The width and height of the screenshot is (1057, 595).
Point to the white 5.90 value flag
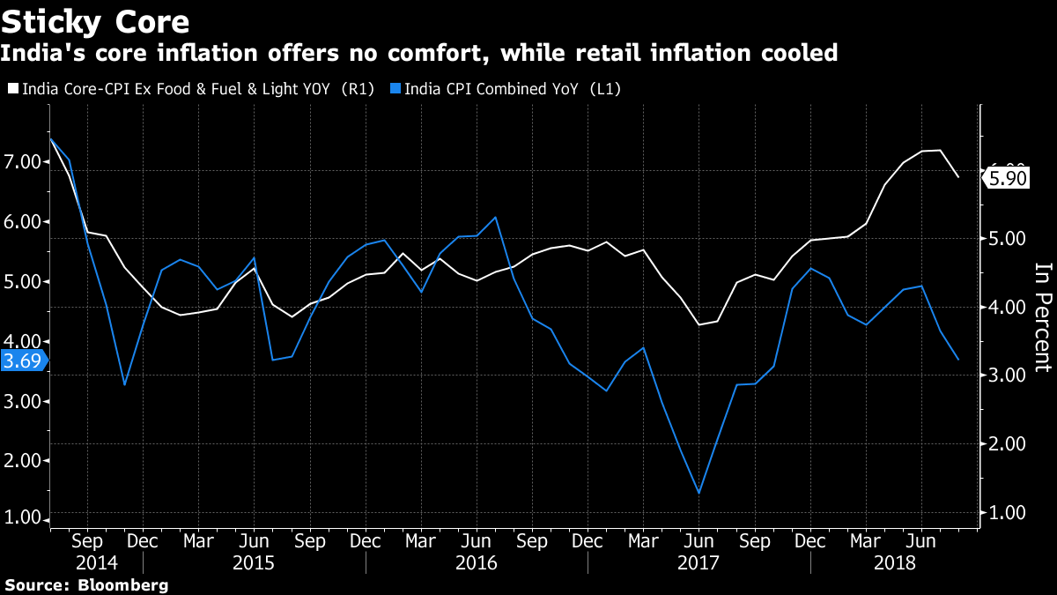click(1007, 177)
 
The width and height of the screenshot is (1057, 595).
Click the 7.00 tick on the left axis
click(24, 162)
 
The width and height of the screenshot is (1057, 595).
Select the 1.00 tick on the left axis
click(24, 517)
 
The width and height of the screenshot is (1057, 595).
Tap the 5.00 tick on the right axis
click(1006, 239)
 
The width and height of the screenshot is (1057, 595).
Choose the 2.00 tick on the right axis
click(1006, 443)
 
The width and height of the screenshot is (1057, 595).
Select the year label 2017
click(699, 562)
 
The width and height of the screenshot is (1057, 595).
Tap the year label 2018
click(895, 562)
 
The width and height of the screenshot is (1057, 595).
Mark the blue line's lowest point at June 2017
click(699, 493)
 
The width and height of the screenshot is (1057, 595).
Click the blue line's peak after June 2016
click(496, 217)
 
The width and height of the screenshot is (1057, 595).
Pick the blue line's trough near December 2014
click(124, 384)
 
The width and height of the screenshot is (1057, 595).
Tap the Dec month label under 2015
click(366, 539)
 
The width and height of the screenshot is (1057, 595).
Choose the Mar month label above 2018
click(867, 539)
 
